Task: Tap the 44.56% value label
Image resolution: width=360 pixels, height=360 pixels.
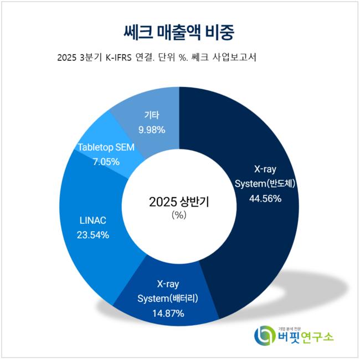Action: [266, 198]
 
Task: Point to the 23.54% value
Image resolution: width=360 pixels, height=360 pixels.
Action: [92, 234]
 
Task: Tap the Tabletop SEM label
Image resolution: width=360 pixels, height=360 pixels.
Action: [106, 148]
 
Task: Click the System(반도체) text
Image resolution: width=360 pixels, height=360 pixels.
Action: [266, 184]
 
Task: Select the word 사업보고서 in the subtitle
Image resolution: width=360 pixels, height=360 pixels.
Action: [242, 58]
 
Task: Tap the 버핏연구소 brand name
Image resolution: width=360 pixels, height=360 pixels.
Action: [305, 337]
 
